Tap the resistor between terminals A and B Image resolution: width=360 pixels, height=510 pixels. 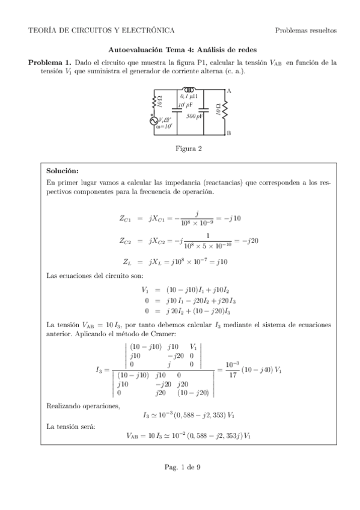coord(225,111)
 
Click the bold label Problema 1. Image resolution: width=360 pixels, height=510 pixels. coord(50,62)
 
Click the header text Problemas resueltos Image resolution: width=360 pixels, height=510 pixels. coord(305,30)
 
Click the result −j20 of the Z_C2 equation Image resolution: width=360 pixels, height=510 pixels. coord(240,241)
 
